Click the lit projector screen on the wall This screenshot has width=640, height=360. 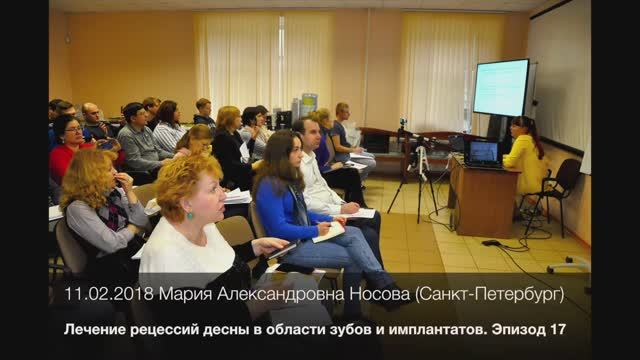500,87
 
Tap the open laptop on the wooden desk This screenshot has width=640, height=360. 484,152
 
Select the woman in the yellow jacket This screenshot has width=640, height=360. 525,158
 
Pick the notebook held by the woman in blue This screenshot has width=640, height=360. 328,232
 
